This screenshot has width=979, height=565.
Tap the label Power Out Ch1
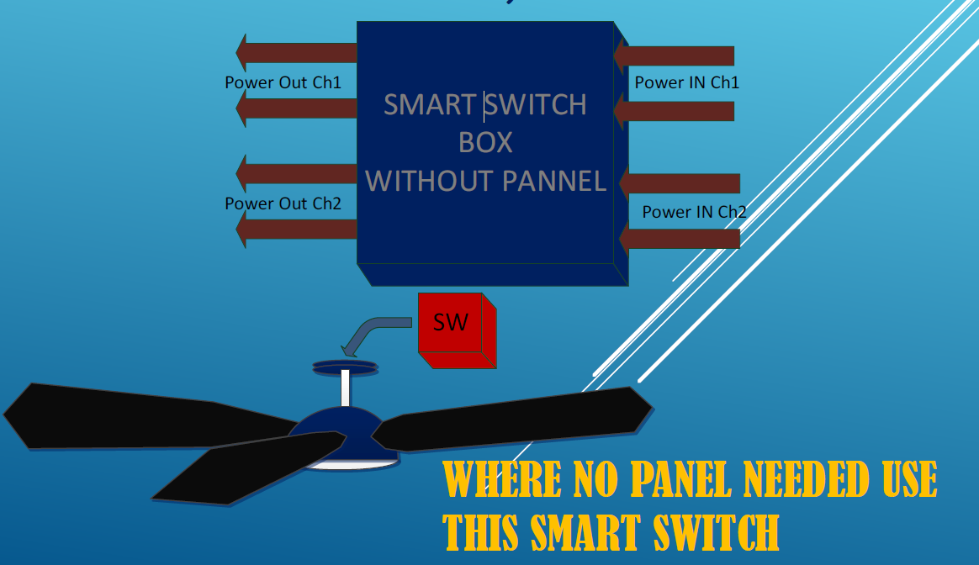coord(283,82)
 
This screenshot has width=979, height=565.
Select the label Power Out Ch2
coord(283,203)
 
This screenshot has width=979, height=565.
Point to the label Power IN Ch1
coord(686,82)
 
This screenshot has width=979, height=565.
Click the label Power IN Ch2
coord(694,212)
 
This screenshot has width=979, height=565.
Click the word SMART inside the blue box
coord(430,104)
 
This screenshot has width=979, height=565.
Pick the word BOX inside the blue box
coord(485,142)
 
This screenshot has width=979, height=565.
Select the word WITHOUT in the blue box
coord(429,180)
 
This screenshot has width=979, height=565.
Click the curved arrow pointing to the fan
coord(374,332)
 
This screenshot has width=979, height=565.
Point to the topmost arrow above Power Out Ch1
coord(296,53)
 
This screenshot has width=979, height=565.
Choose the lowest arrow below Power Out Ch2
coord(296,229)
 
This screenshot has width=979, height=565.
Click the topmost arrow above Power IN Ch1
coord(674,56)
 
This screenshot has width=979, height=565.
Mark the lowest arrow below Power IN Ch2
coord(680,239)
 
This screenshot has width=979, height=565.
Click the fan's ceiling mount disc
coord(345,367)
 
